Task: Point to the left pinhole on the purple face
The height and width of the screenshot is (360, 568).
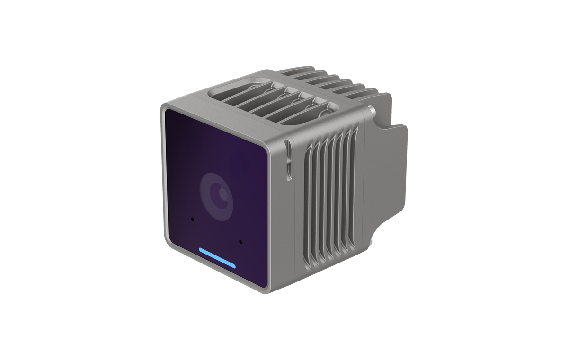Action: (192, 219)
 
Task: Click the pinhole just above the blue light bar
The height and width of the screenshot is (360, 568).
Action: (240, 242)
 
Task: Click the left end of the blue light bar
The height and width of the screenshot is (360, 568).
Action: (201, 250)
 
